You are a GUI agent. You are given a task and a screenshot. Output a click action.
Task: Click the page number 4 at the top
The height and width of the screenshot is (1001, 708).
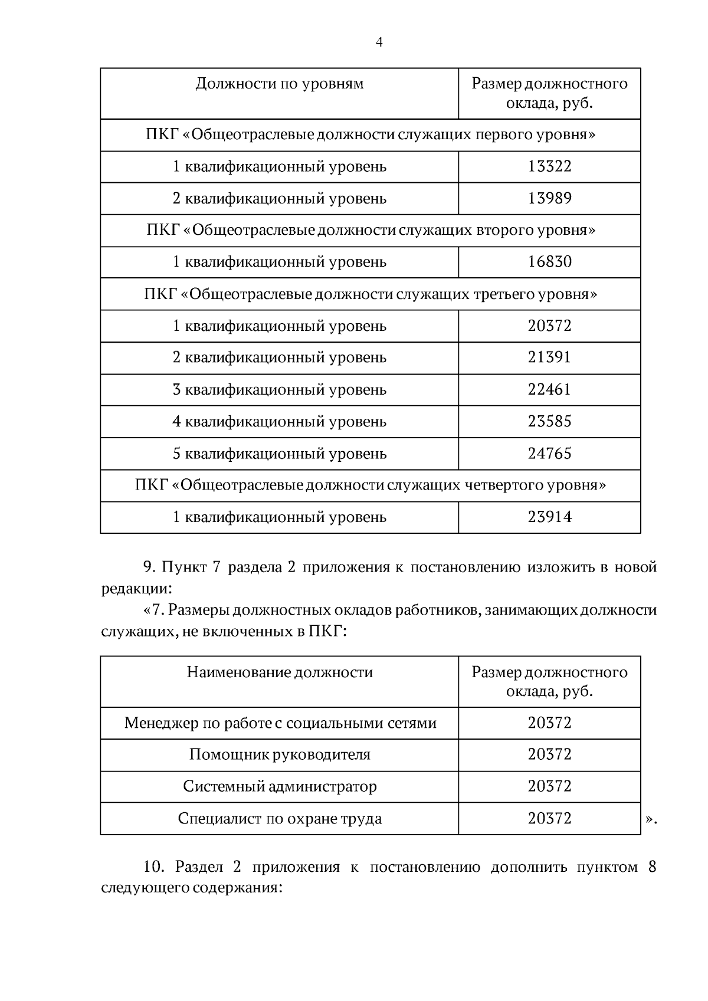pyautogui.click(x=379, y=42)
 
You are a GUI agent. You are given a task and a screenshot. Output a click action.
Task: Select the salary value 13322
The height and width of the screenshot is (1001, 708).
pyautogui.click(x=549, y=166)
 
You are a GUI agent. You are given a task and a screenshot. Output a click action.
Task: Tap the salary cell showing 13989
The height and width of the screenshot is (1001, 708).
pyautogui.click(x=549, y=198)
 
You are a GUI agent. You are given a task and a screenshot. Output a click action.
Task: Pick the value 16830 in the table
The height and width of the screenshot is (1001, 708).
pyautogui.click(x=549, y=262)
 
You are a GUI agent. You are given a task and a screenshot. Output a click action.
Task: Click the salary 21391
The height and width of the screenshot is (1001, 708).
pyautogui.click(x=549, y=357)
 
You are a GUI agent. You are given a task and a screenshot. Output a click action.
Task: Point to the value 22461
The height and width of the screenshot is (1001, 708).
pyautogui.click(x=549, y=389)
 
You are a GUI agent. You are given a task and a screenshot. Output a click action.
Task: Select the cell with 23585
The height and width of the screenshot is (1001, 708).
pyautogui.click(x=549, y=421)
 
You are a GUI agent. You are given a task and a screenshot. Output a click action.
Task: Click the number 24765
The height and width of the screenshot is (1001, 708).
pyautogui.click(x=549, y=454)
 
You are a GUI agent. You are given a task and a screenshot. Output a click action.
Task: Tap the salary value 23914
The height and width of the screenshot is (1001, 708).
pyautogui.click(x=549, y=517)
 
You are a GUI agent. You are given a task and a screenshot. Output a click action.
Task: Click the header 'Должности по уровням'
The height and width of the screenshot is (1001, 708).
pyautogui.click(x=279, y=84)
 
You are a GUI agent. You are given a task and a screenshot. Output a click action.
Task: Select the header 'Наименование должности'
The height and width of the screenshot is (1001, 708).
pyautogui.click(x=279, y=672)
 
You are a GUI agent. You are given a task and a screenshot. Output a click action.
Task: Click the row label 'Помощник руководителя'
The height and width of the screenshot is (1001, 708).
pyautogui.click(x=279, y=754)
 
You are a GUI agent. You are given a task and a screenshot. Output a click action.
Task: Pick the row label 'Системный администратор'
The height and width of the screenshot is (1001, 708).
pyautogui.click(x=279, y=786)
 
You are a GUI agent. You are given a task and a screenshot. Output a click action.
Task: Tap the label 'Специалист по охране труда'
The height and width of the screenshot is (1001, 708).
pyautogui.click(x=279, y=819)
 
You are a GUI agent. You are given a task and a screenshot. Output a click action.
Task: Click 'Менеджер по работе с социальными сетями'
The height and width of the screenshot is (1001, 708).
pyautogui.click(x=280, y=723)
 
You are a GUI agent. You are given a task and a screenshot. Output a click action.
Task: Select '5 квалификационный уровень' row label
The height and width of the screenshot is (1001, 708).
pyautogui.click(x=279, y=454)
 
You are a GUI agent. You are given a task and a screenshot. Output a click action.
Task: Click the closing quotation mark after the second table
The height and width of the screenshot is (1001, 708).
pyautogui.click(x=650, y=819)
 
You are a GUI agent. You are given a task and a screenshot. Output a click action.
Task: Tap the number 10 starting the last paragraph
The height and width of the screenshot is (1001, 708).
pyautogui.click(x=152, y=867)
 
